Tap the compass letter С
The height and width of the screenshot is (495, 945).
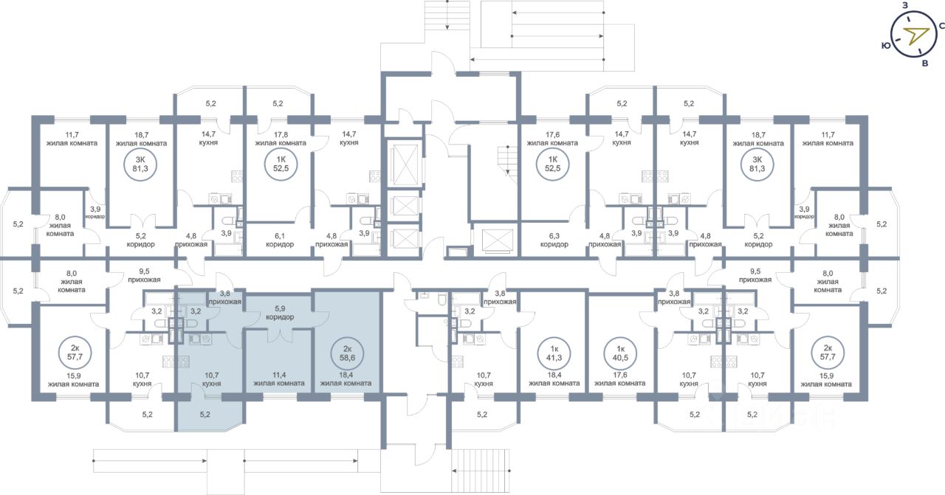click(x=941, y=26)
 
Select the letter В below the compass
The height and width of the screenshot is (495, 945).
click(x=925, y=63)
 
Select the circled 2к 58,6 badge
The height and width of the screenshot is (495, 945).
click(x=347, y=353)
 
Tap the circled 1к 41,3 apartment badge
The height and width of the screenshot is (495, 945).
click(x=554, y=353)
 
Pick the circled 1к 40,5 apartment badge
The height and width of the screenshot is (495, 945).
click(x=620, y=353)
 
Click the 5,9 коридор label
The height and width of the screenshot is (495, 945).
click(x=280, y=313)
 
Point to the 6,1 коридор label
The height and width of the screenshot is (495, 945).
click(x=280, y=240)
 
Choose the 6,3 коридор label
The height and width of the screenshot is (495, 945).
click(x=554, y=240)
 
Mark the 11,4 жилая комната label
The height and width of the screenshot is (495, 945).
click(x=279, y=379)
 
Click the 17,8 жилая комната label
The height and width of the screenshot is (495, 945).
click(x=281, y=139)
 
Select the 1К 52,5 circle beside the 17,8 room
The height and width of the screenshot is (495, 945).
click(x=281, y=164)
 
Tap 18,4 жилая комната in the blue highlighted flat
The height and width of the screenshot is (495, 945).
click(x=346, y=379)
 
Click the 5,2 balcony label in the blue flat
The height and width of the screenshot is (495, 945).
click(x=205, y=415)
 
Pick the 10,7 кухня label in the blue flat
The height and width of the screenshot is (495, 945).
click(x=211, y=379)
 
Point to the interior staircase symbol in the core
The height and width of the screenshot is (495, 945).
click(x=507, y=160)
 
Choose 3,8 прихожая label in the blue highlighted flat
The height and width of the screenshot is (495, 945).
click(x=225, y=298)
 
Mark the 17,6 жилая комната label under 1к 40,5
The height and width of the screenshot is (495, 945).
click(x=619, y=379)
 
